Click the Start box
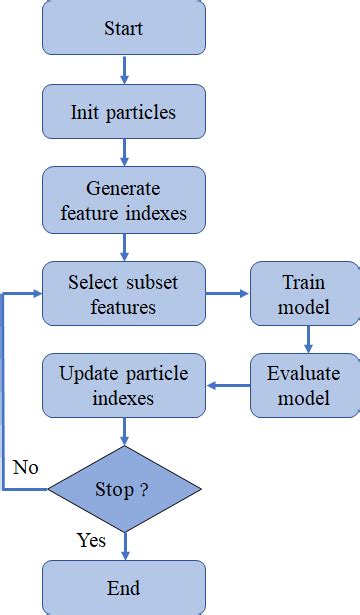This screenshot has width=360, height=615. coord(123,28)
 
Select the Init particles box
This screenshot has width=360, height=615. coord(123,111)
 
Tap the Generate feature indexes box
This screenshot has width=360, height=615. coord(123,200)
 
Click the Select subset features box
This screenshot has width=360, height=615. coord(123,294)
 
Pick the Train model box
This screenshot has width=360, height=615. coord(304,294)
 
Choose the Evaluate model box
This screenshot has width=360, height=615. coord(304,385)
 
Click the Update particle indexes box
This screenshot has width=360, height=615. coord(123,385)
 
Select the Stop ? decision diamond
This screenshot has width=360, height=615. coord(125,489)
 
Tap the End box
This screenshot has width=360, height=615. coord(123,587)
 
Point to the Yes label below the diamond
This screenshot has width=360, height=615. coord(91,541)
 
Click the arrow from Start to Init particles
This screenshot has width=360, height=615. coord(125,69)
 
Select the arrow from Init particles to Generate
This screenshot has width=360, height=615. coord(125,152)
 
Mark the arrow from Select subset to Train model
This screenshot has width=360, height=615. coord(227,294)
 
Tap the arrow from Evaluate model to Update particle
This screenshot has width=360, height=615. coord(227,386)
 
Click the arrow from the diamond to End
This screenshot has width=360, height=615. coord(125,545)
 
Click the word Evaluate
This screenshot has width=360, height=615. coord(304,374)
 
